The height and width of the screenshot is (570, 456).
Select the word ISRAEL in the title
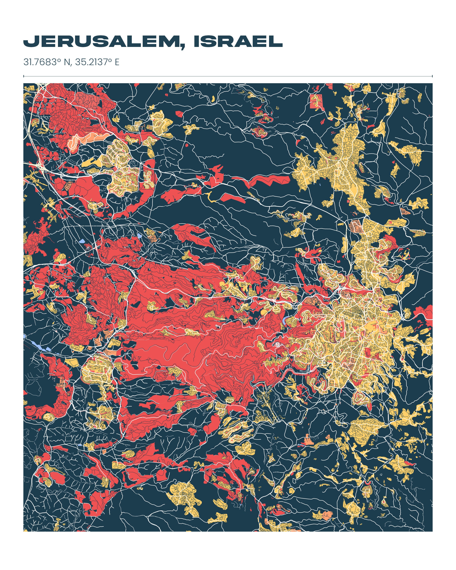tap(238, 41)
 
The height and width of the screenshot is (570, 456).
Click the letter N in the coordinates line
tap(67, 62)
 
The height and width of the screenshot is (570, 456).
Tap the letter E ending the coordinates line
tap(117, 62)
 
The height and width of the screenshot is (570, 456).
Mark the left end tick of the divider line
tap(24, 76)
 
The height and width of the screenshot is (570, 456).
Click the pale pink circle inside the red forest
tap(277, 344)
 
